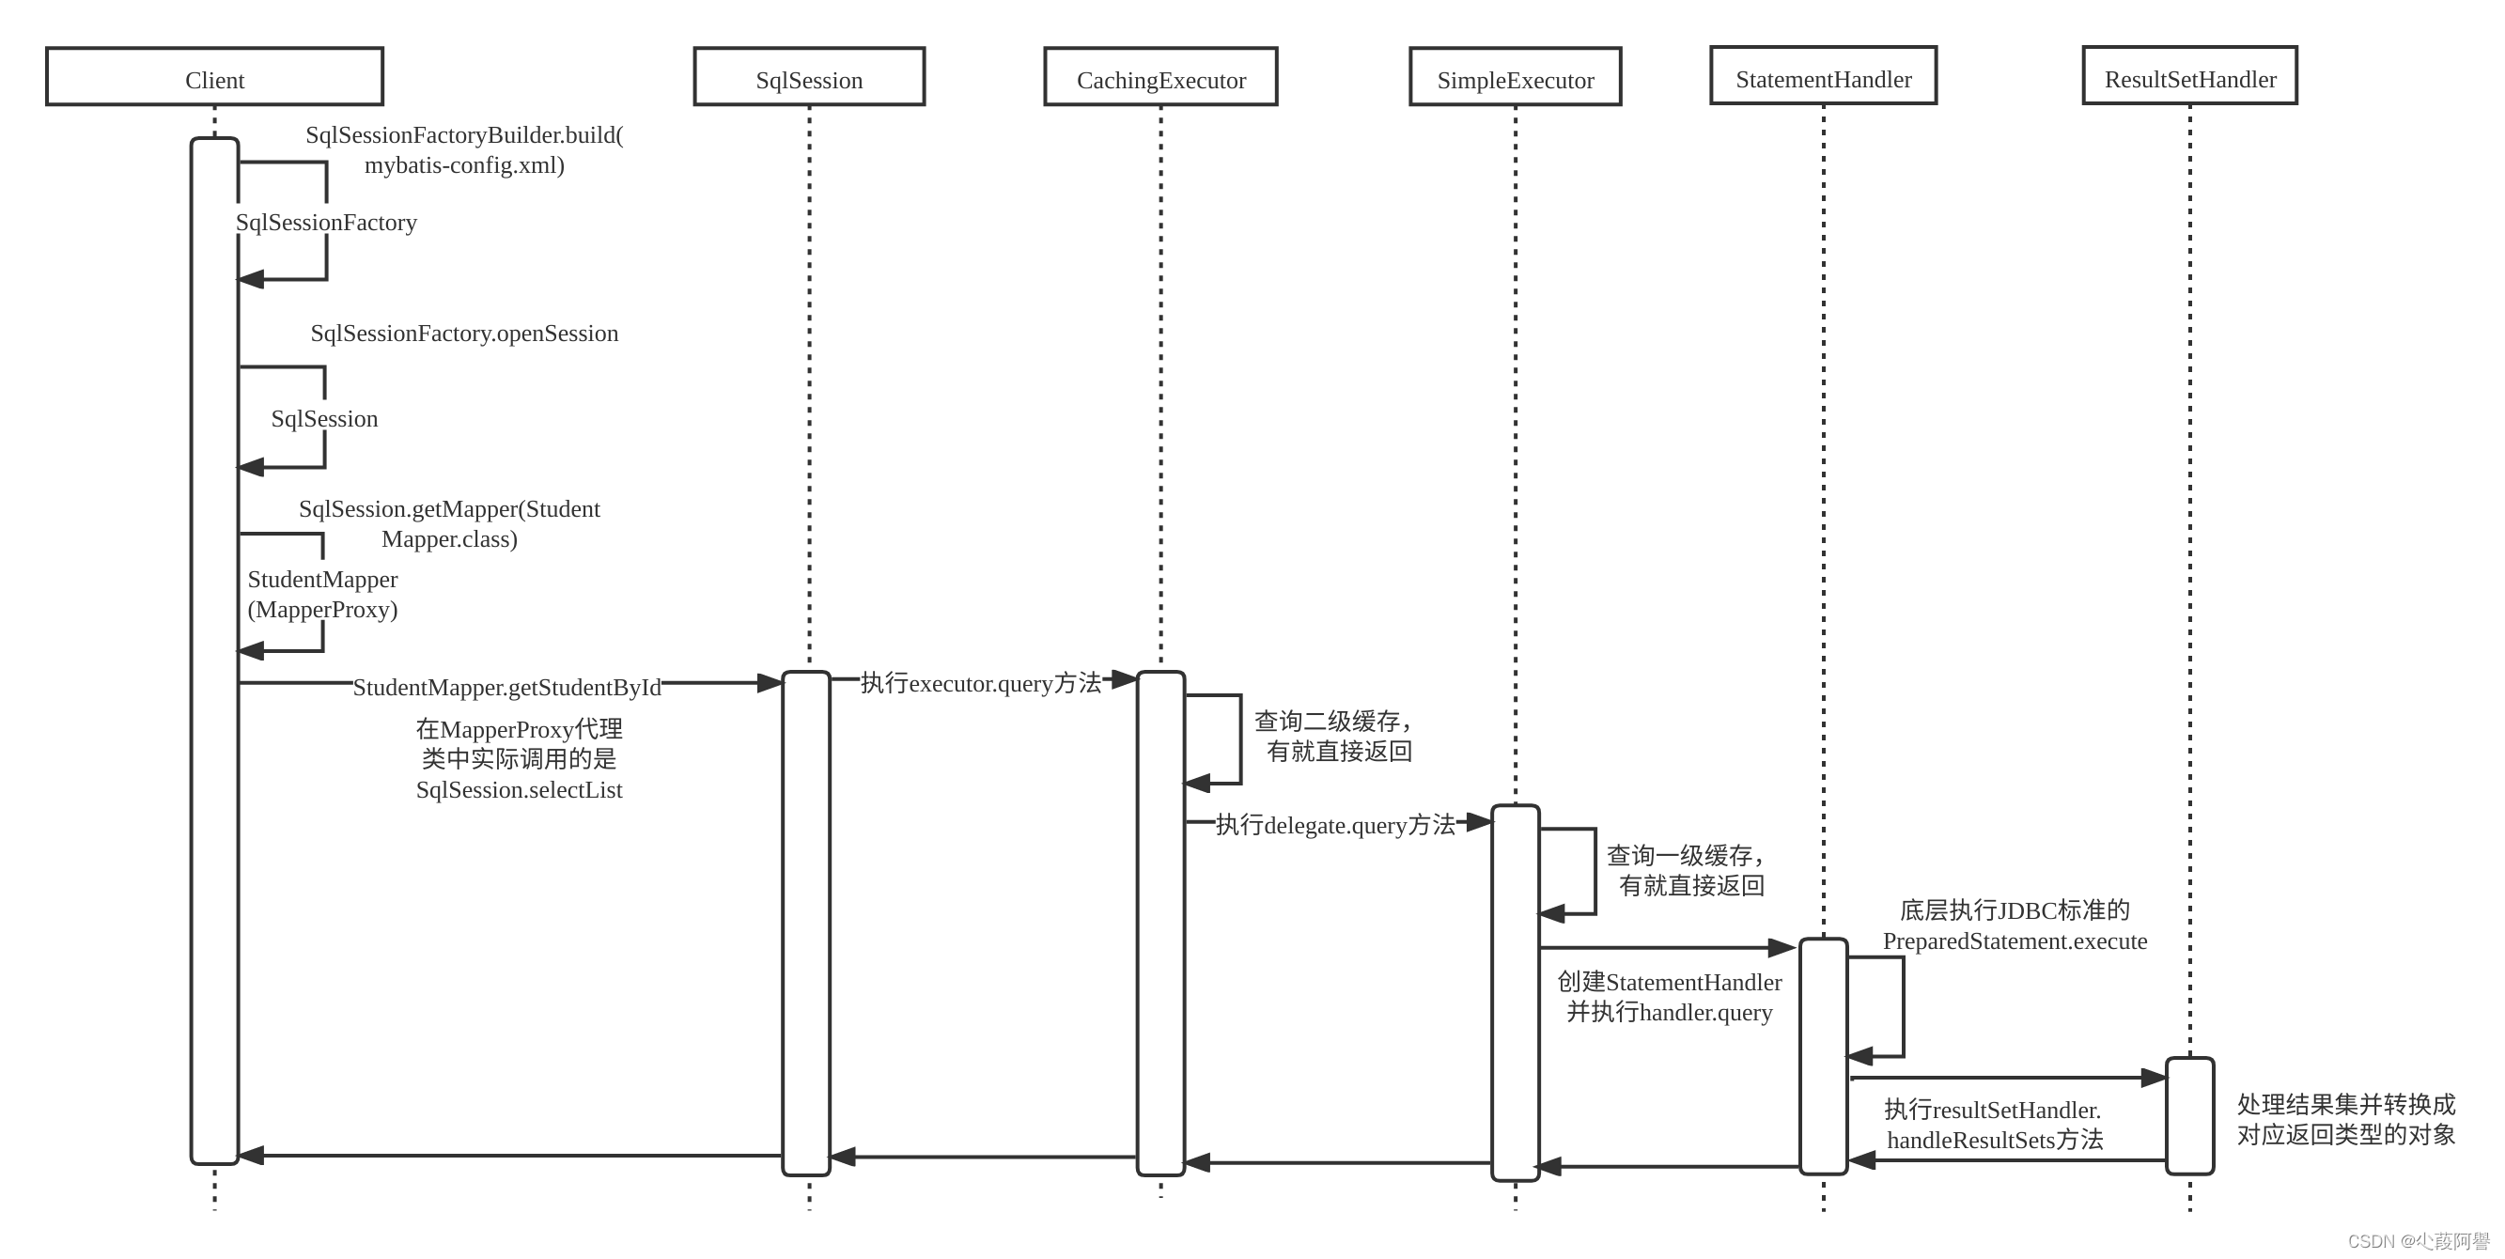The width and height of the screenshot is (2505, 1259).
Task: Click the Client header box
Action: coord(214,77)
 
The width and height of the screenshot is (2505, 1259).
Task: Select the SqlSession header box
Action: coord(809,77)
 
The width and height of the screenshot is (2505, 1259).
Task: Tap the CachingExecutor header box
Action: coord(1160,77)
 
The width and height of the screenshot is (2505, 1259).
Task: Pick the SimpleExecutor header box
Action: coord(1515,77)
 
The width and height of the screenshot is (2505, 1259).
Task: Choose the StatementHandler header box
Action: coord(1824,76)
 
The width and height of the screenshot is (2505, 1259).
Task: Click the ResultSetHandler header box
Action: coord(2190,76)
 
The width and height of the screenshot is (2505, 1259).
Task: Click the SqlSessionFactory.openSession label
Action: coord(464,334)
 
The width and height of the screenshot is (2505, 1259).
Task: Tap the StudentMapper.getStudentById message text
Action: coord(506,688)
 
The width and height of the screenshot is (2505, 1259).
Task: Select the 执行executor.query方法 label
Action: coord(980,683)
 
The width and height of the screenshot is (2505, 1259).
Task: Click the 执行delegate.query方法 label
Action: coord(1335,826)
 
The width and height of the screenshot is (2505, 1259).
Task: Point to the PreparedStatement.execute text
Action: coord(2015,941)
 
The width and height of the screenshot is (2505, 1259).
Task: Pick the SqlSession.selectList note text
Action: coord(519,789)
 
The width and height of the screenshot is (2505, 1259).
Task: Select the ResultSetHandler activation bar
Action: coord(2190,1115)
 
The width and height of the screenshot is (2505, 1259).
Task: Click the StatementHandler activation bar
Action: coord(1824,1056)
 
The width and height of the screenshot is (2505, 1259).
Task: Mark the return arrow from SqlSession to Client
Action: coord(510,1155)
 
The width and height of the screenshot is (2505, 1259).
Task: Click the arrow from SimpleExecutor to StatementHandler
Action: coord(1668,947)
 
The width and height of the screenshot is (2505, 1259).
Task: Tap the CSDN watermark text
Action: coord(2418,1241)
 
